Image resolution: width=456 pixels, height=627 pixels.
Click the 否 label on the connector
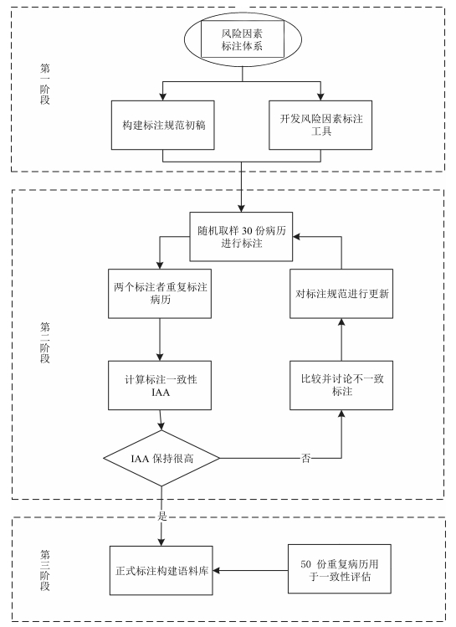[305, 458]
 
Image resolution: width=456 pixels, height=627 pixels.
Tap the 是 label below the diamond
[161, 516]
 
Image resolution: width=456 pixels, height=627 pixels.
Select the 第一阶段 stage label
[44, 84]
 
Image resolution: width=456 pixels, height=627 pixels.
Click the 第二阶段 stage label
[44, 342]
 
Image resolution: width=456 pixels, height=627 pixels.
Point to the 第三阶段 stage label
[44, 570]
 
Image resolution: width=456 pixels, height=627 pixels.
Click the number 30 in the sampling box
[247, 231]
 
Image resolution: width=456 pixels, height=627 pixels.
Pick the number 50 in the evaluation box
[305, 564]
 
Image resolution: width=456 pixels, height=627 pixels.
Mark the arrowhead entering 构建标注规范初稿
[162, 96]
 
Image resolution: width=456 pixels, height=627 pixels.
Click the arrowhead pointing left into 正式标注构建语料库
[217, 571]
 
